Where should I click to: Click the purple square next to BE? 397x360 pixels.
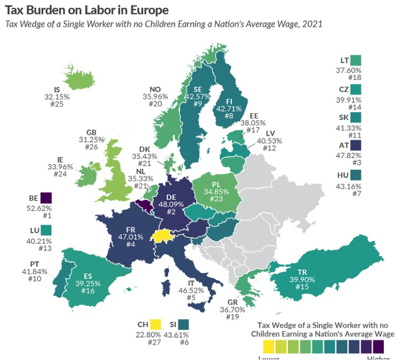[x=46, y=198]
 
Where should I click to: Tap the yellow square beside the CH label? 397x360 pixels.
[x=155, y=324]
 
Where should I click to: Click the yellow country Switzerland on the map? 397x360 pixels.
[x=162, y=235]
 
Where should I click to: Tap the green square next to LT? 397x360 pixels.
[x=356, y=60]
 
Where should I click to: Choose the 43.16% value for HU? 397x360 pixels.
[x=349, y=186]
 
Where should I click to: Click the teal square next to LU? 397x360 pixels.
[x=46, y=229]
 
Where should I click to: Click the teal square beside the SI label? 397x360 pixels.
[x=183, y=324]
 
